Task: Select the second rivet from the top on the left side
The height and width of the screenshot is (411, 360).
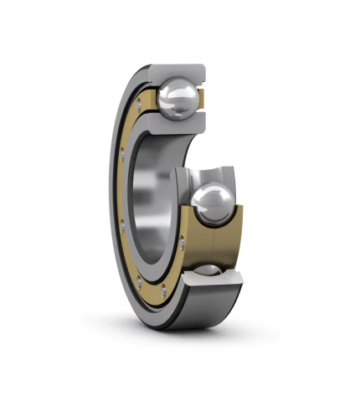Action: [123, 153]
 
